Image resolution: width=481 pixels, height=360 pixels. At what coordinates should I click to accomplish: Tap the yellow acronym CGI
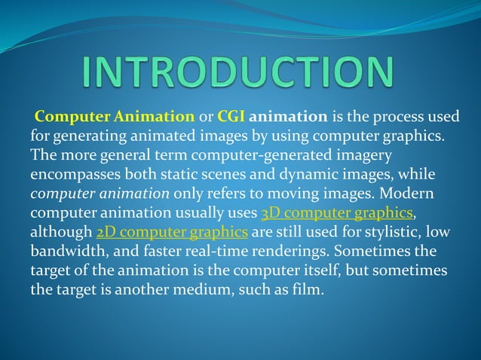point(231,117)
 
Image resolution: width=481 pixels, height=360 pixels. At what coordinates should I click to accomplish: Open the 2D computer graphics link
point(173,231)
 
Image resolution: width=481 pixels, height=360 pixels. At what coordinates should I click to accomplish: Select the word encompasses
point(73,175)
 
